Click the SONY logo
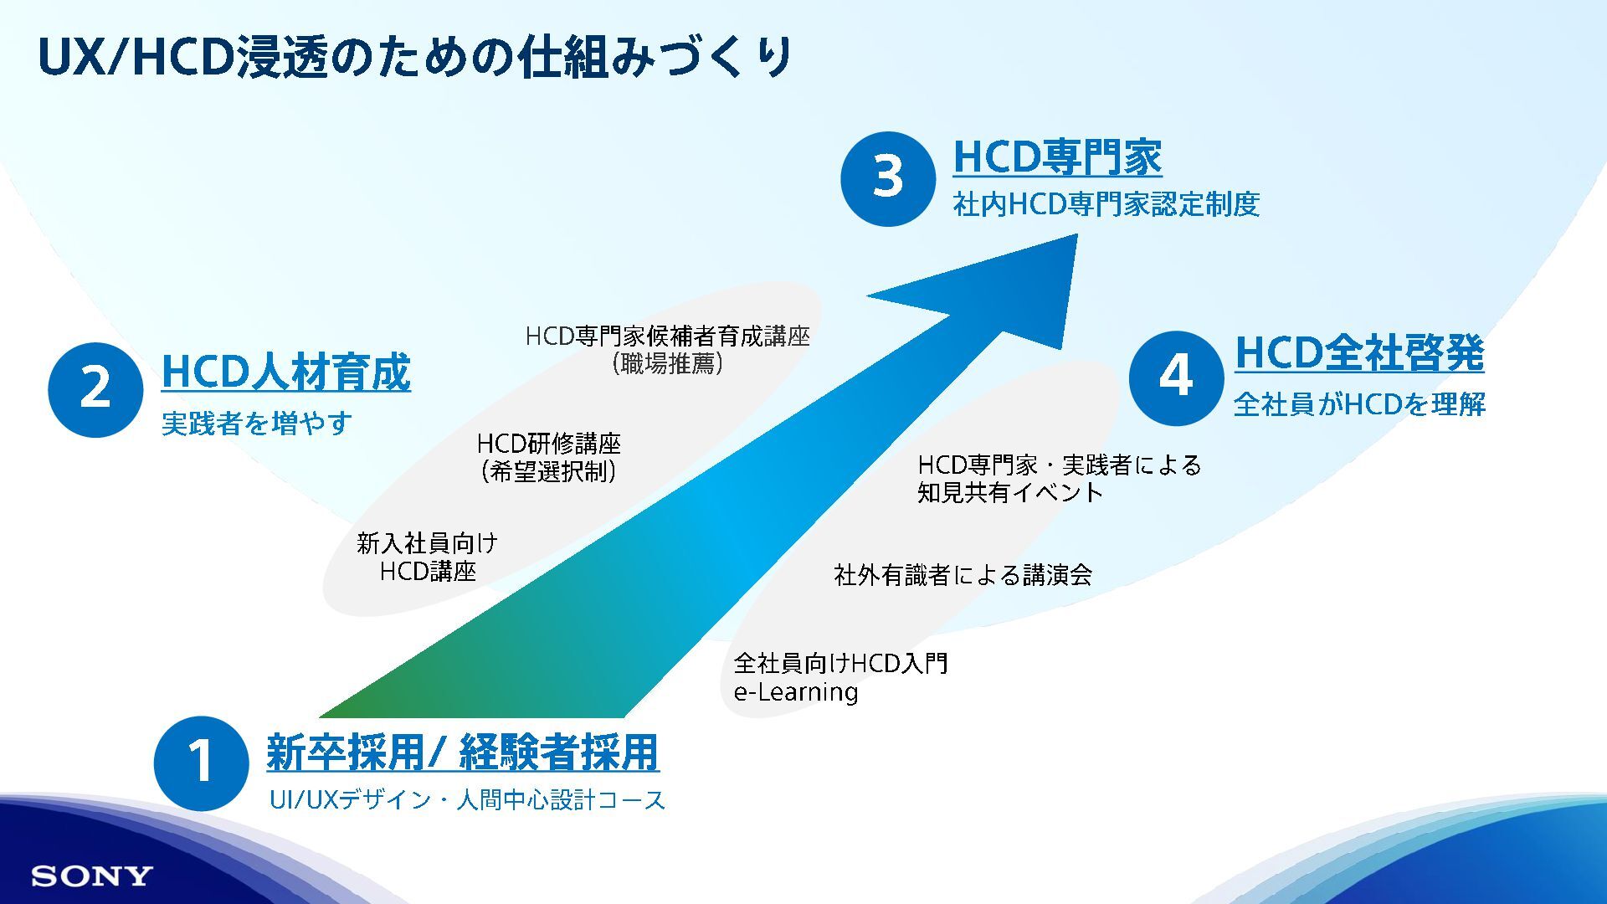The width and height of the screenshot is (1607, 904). [92, 876]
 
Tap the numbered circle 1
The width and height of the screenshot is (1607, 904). [201, 763]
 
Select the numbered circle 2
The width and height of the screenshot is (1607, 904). [95, 389]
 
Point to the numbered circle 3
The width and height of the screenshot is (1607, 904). [888, 178]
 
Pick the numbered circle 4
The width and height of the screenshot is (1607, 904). [1176, 378]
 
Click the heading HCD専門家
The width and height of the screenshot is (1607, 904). [1057, 157]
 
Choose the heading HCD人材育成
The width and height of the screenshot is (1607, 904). [285, 372]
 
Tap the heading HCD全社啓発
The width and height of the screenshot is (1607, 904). [1359, 352]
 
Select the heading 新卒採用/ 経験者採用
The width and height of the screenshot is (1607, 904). [463, 752]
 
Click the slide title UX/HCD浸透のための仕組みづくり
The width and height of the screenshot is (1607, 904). [415, 58]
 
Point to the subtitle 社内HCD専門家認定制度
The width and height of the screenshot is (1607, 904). [1106, 204]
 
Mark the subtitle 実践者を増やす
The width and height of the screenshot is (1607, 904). [256, 423]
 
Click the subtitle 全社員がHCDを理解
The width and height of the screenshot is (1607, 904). [1359, 404]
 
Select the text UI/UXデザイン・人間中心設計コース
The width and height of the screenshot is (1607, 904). [467, 800]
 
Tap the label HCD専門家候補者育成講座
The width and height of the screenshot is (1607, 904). [668, 336]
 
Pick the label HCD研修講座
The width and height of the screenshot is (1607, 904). [549, 444]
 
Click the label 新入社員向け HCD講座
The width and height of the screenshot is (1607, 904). [428, 557]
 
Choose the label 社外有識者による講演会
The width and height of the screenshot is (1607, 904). [963, 575]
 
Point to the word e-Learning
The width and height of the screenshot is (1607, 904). [796, 692]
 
